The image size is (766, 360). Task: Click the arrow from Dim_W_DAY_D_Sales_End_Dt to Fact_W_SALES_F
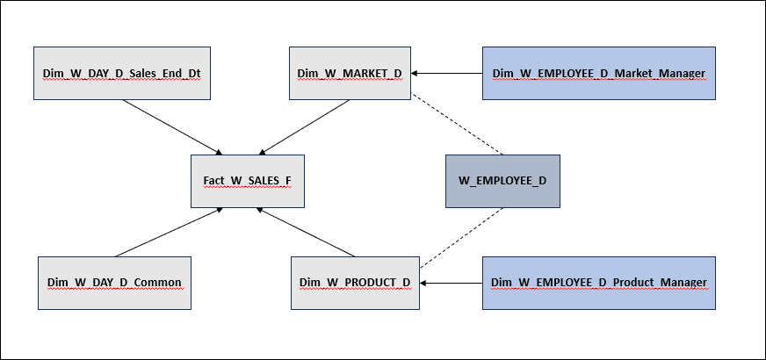(170, 126)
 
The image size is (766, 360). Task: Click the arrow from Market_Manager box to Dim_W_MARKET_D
(448, 73)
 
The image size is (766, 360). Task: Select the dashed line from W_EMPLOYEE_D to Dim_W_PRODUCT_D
(461, 237)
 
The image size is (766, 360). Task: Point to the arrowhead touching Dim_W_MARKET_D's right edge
(416, 73)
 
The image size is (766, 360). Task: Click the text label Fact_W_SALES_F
(248, 182)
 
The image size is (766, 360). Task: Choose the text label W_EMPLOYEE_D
(502, 182)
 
